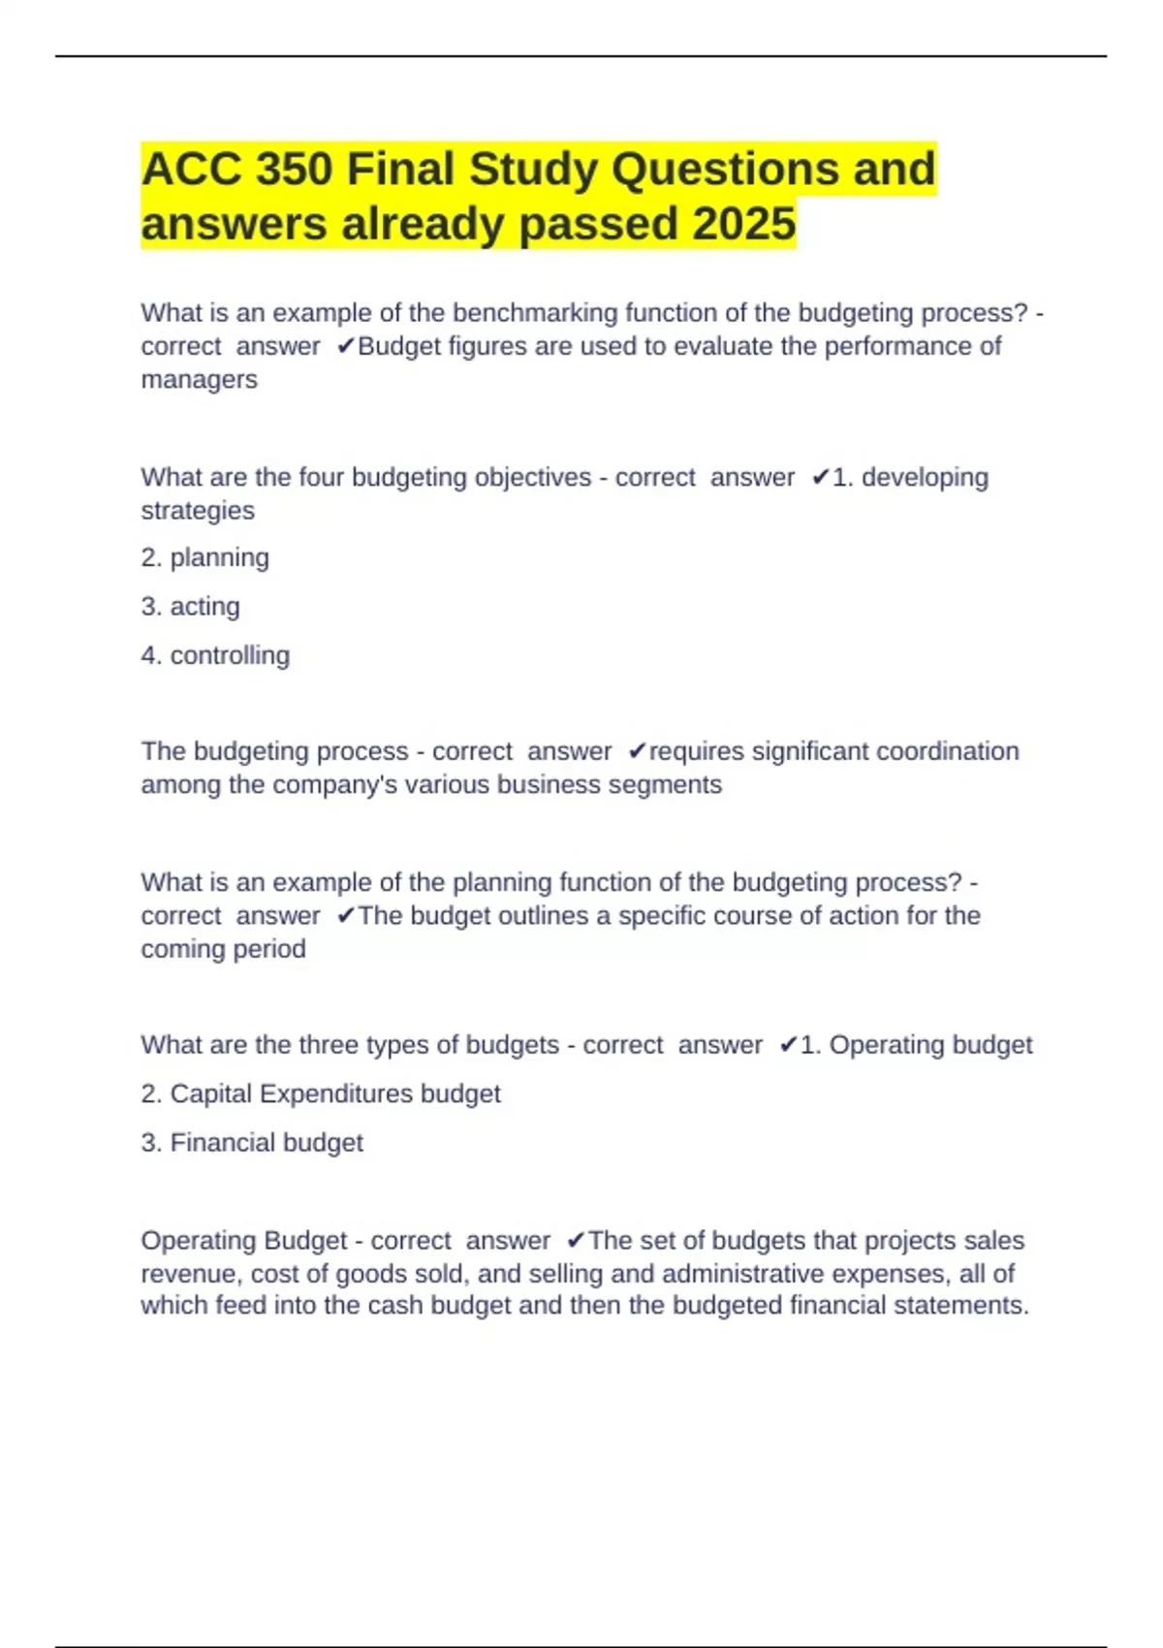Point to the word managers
coord(199,379)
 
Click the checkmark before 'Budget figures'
coord(346,346)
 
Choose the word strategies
coord(198,510)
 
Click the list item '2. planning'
coord(204,557)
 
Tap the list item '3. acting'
coord(190,606)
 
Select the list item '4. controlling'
coord(215,655)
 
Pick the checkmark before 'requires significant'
coord(637,751)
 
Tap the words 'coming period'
coord(223,948)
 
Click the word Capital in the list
coord(211,1093)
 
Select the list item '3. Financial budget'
coord(252,1143)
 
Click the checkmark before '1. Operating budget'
coord(788,1045)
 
